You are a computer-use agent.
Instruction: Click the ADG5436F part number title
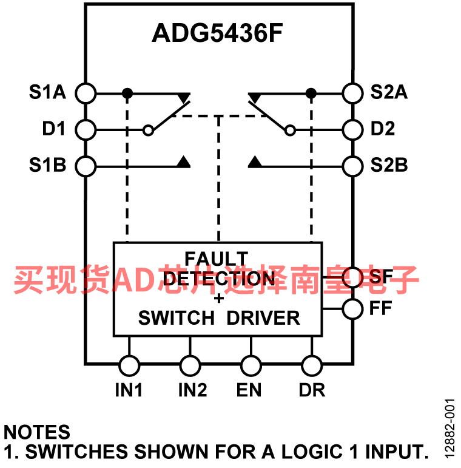[x=217, y=33]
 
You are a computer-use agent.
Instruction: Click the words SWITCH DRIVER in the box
[x=219, y=318]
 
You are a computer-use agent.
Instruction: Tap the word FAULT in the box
[x=217, y=259]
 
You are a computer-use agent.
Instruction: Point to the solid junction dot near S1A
[x=127, y=93]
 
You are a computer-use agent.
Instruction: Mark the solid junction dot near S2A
[x=311, y=93]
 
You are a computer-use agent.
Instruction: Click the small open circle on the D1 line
[x=148, y=131]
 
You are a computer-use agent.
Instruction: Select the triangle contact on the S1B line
[x=184, y=161]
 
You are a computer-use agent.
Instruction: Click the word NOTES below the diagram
[x=36, y=432]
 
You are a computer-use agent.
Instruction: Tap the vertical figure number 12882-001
[x=449, y=429]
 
